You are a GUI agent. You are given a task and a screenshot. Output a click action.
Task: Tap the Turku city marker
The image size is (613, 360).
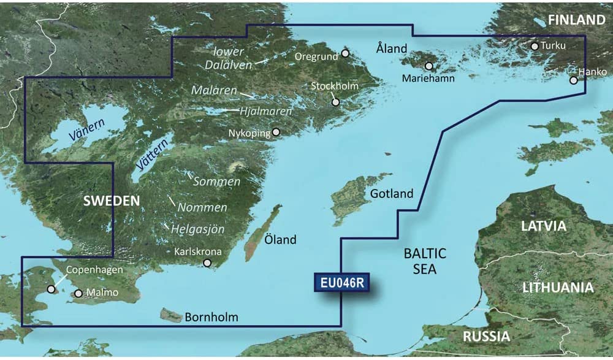pyautogui.click(x=535, y=46)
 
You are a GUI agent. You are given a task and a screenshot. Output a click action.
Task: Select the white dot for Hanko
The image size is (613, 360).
pyautogui.click(x=573, y=80)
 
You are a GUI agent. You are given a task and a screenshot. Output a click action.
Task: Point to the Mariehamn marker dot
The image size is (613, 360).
pyautogui.click(x=429, y=66)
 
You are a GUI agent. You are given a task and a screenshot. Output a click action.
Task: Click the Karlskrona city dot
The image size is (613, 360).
pyautogui.click(x=207, y=263)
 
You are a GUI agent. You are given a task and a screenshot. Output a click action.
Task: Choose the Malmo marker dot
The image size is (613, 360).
pyautogui.click(x=78, y=293)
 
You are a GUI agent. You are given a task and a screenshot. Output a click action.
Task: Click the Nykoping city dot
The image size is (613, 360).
pyautogui.click(x=276, y=131)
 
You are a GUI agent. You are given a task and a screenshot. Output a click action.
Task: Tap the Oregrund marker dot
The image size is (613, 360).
pyautogui.click(x=345, y=53)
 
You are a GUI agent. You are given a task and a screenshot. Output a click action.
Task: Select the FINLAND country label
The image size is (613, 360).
pyautogui.click(x=576, y=20)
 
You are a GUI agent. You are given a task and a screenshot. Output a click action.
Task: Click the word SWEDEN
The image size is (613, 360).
pyautogui.click(x=111, y=201)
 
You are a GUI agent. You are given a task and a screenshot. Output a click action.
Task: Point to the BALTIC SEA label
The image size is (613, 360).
pyautogui.click(x=425, y=261)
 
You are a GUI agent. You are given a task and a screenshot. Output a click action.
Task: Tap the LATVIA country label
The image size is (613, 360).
pyautogui.click(x=544, y=226)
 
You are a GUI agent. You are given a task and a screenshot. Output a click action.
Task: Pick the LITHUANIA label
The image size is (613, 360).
pyautogui.click(x=557, y=287)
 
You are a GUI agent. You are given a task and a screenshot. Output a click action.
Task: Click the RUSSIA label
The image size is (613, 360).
pyautogui.click(x=486, y=336)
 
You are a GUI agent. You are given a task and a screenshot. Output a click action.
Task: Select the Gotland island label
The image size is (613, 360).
pyautogui.click(x=392, y=194)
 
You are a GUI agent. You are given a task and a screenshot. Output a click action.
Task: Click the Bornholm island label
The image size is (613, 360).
pyautogui.click(x=211, y=318)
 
